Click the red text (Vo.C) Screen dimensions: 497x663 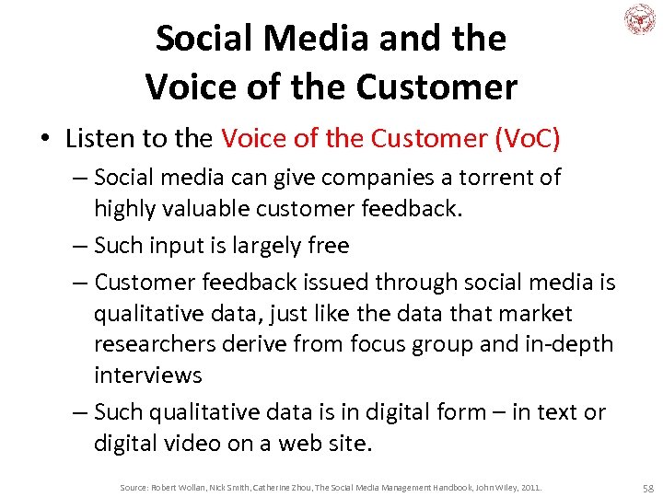pyautogui.click(x=528, y=138)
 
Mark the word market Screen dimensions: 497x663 pyautogui.click(x=534, y=313)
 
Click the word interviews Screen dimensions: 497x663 pyautogui.click(x=147, y=375)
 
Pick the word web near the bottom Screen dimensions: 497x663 pyautogui.click(x=306, y=443)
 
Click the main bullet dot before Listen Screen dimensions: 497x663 pyautogui.click(x=43, y=139)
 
